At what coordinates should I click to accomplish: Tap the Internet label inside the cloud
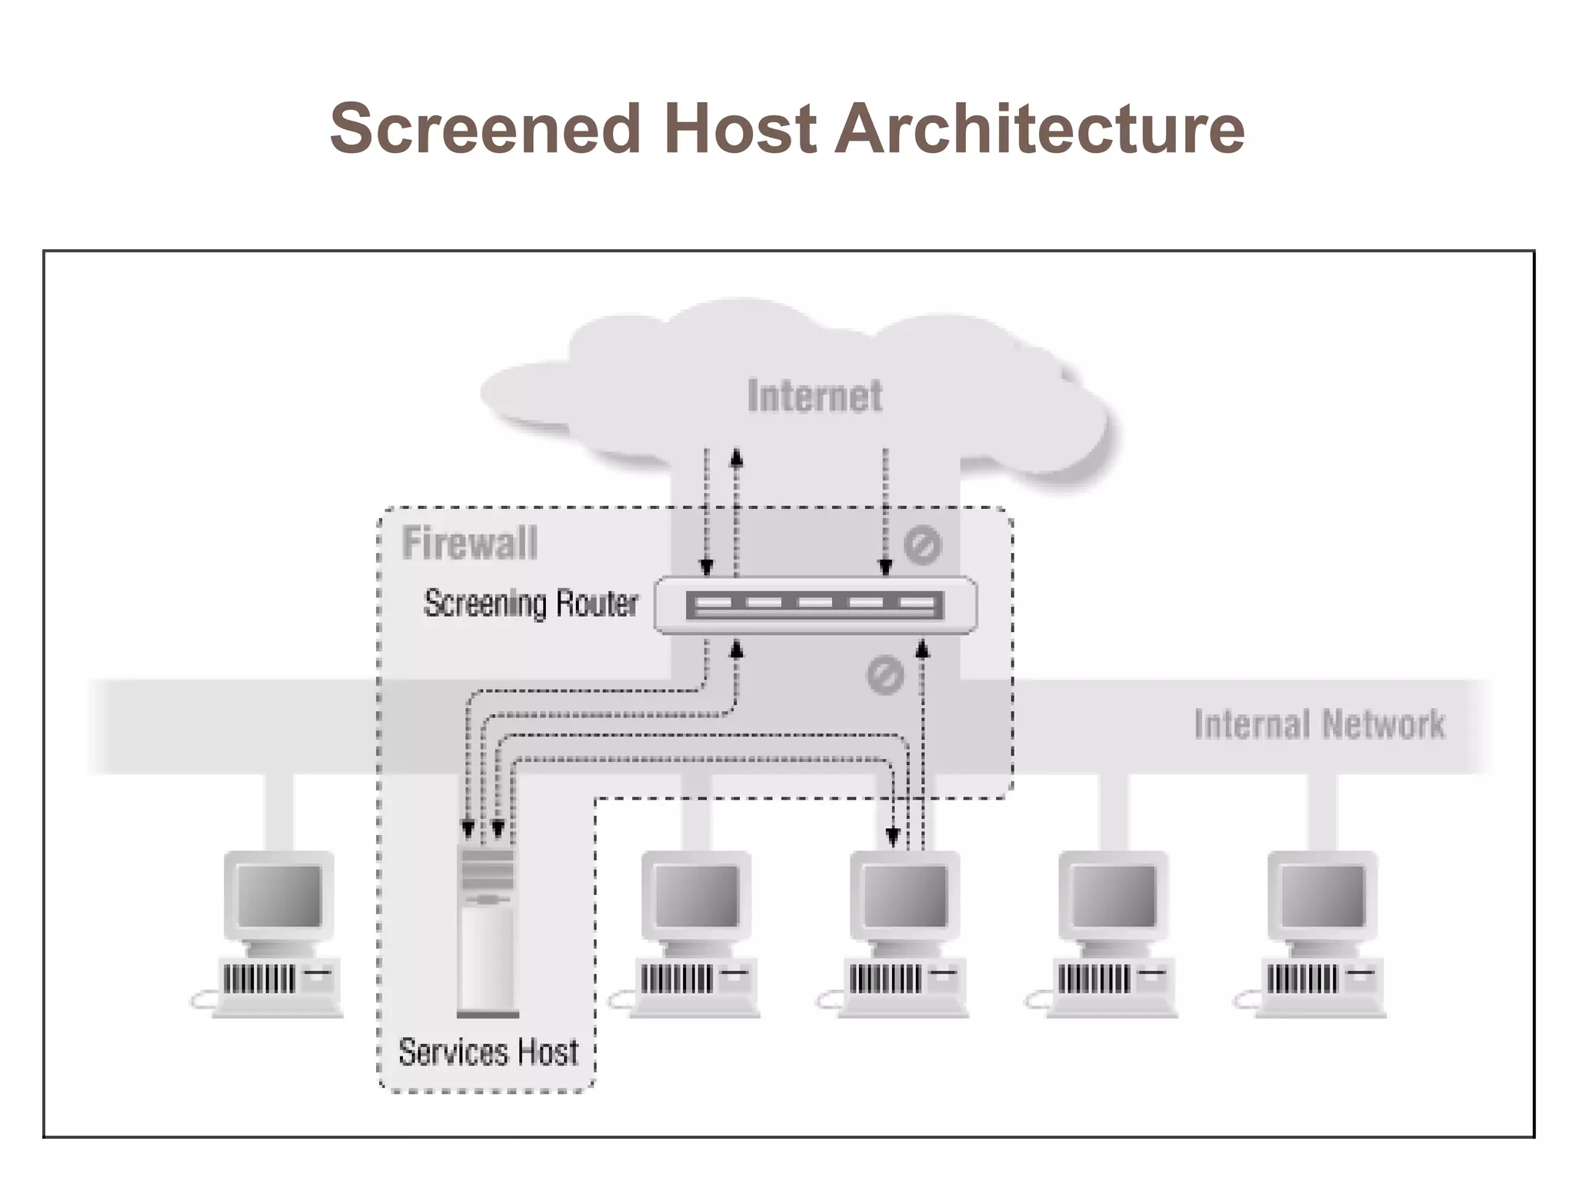click(814, 397)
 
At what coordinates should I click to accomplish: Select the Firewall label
click(469, 543)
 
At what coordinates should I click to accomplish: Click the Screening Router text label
click(531, 604)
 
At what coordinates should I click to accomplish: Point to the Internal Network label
click(1319, 724)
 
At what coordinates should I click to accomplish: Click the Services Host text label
click(488, 1052)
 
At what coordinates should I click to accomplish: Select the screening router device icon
click(815, 605)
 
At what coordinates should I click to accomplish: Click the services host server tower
click(487, 930)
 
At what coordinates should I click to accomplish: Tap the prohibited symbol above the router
click(922, 545)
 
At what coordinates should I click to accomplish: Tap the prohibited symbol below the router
click(884, 677)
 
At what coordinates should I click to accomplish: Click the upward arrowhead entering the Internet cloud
click(737, 458)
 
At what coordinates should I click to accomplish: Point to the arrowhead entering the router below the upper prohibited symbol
click(885, 567)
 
